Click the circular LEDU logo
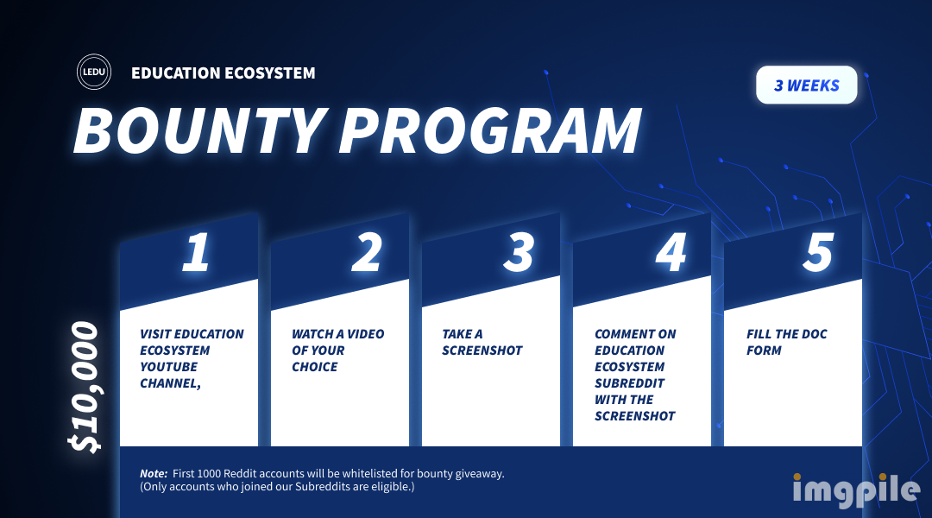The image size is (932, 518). (x=94, y=72)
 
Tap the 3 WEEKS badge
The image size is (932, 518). (x=807, y=85)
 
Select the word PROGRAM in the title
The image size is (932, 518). (x=490, y=130)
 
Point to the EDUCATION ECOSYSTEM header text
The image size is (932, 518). (x=224, y=73)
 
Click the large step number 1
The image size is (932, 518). (x=196, y=252)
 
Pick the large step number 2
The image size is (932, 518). (x=367, y=252)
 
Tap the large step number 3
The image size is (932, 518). (x=519, y=252)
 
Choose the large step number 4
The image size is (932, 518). (x=671, y=252)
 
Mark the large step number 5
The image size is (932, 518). (x=818, y=252)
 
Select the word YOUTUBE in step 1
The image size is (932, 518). (x=168, y=367)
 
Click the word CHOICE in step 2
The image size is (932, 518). (x=314, y=367)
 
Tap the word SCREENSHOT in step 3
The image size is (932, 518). (x=482, y=351)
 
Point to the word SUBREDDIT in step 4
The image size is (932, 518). (x=629, y=383)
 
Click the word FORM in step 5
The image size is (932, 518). (x=764, y=351)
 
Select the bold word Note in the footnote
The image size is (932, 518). (x=154, y=474)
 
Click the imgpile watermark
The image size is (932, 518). (x=857, y=490)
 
